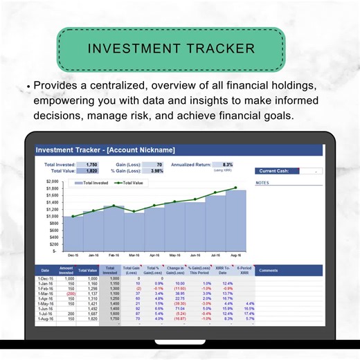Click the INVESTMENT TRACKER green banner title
(x=171, y=49)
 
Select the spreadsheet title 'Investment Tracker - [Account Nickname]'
(x=105, y=150)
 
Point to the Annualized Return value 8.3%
(x=228, y=164)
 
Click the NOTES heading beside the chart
(x=262, y=183)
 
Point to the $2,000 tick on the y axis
(x=52, y=181)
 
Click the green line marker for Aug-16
(x=235, y=188)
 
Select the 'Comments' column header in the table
(x=267, y=271)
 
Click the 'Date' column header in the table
(x=45, y=271)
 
